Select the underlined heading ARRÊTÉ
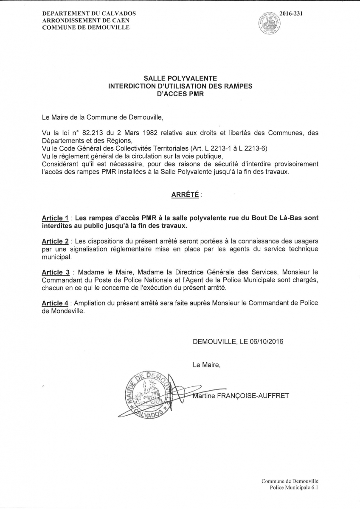(x=185, y=195)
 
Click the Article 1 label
(x=55, y=218)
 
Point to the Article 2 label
(x=55, y=241)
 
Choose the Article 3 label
(x=55, y=271)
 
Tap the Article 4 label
(x=55, y=302)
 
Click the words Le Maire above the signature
(x=207, y=364)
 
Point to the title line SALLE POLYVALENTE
(x=180, y=78)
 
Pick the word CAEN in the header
(x=121, y=20)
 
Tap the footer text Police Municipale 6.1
(x=294, y=488)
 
